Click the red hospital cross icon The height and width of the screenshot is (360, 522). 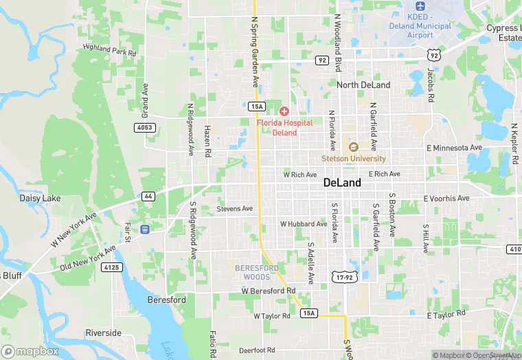coord(284,111)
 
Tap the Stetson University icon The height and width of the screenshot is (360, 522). coord(353,147)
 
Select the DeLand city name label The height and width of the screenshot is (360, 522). coord(341,183)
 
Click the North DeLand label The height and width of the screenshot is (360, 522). coord(363,85)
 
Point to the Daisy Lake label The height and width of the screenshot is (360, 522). coord(40,199)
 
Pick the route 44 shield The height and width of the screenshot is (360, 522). coord(148,196)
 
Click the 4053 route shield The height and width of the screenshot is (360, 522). coord(146,127)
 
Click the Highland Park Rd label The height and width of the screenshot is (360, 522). coord(110,50)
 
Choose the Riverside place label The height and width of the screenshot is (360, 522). coord(103,333)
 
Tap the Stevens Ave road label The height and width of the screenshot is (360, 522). coord(235,208)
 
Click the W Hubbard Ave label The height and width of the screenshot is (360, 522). coord(304,224)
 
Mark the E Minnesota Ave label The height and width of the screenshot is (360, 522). coord(454,148)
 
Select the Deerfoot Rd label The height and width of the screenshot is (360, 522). coord(257,350)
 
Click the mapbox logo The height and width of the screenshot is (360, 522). coord(30,351)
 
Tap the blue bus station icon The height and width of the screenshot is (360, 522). coord(145,229)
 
